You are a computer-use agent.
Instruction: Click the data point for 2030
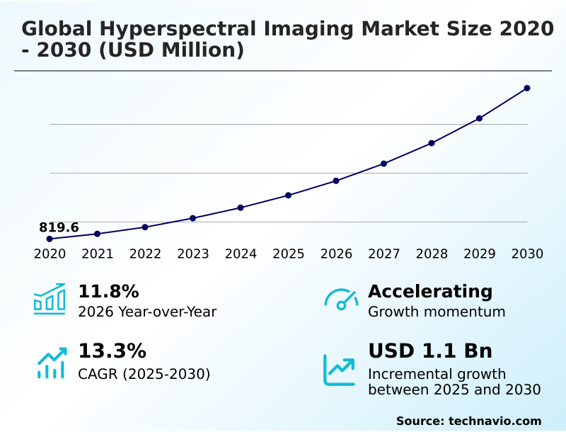(x=527, y=89)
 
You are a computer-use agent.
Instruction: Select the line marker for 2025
(x=289, y=195)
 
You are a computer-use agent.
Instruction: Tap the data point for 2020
(x=50, y=239)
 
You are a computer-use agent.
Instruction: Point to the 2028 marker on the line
(x=432, y=143)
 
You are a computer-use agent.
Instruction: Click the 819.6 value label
(x=59, y=227)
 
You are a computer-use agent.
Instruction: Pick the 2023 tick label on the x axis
(x=193, y=254)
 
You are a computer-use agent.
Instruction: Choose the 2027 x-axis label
(x=384, y=254)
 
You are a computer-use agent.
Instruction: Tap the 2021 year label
(x=98, y=254)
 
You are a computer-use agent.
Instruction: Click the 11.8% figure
(x=108, y=291)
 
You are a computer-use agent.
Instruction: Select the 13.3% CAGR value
(x=112, y=351)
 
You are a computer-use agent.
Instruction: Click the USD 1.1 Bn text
(x=430, y=351)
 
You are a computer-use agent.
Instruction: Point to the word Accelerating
(x=430, y=291)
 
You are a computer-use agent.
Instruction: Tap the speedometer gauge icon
(x=341, y=299)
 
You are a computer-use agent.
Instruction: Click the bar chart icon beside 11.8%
(x=50, y=299)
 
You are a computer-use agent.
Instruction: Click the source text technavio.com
(x=495, y=421)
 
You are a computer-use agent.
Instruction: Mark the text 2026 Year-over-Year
(x=147, y=312)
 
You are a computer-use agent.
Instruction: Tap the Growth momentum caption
(x=437, y=312)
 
